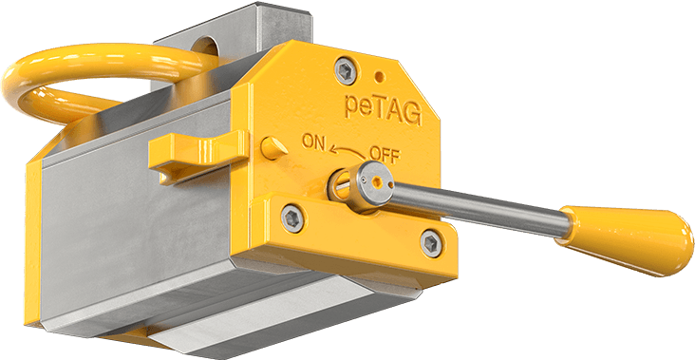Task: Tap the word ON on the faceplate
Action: [314, 142]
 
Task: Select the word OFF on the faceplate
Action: [385, 155]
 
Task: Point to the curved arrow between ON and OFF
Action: [347, 152]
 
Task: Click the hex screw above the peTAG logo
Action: [346, 70]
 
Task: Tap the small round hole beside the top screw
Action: [380, 76]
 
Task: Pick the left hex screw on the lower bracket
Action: [292, 218]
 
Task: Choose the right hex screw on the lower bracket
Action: [431, 243]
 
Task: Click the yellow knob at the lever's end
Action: [625, 239]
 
